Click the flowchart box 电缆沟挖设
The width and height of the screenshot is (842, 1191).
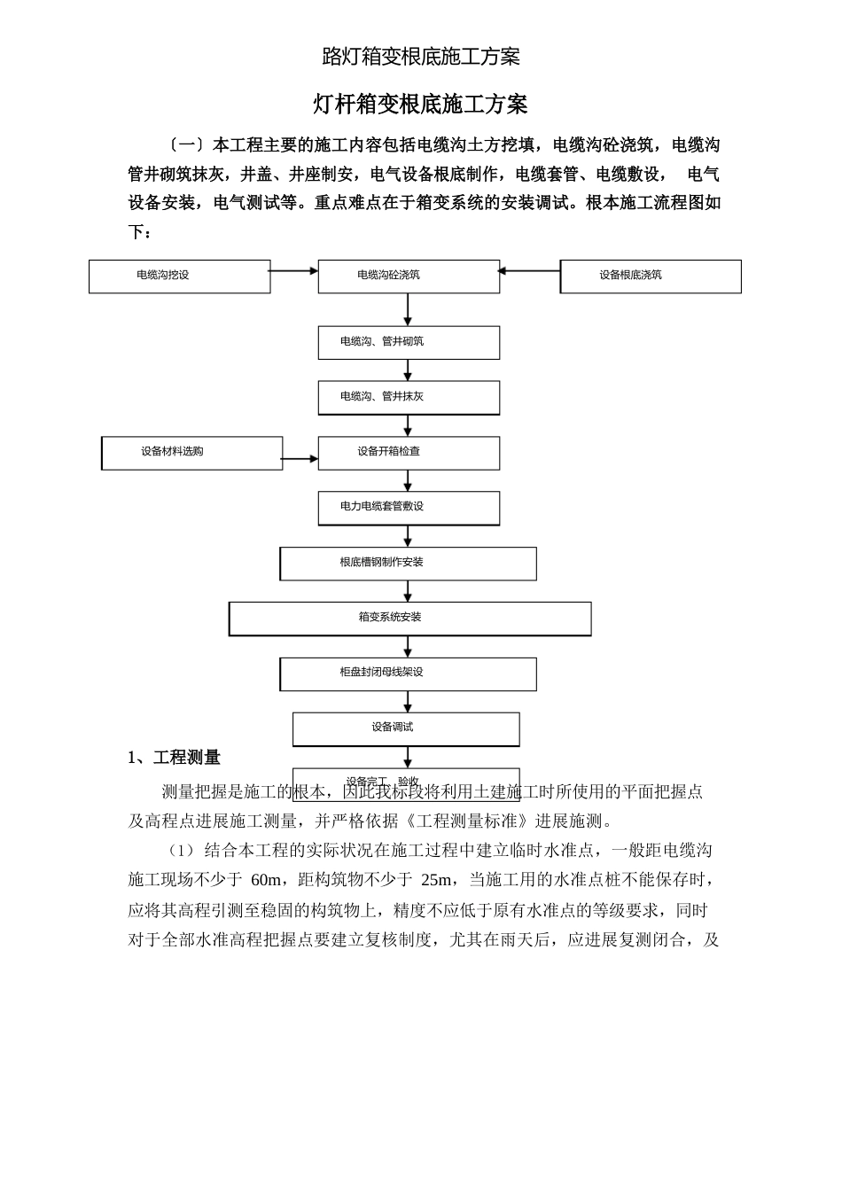tap(179, 276)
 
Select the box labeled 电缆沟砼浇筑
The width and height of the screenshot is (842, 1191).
tap(409, 276)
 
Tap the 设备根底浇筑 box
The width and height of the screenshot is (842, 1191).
tap(651, 276)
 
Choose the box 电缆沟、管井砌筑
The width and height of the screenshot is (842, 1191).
tap(409, 343)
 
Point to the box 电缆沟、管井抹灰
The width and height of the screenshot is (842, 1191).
tap(409, 398)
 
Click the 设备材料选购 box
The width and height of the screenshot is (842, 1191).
tap(192, 453)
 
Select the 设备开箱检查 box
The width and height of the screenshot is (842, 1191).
tap(409, 453)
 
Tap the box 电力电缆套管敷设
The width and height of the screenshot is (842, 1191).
tap(409, 508)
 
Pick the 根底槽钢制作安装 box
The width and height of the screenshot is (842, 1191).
tap(409, 564)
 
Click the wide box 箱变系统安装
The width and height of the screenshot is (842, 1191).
tap(409, 619)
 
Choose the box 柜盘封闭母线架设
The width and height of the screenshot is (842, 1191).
tap(409, 673)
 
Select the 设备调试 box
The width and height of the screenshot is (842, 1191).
tap(406, 728)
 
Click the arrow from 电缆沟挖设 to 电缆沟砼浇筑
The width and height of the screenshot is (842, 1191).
tap(293, 271)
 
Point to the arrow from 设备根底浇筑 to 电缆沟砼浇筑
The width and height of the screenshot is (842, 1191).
tap(529, 271)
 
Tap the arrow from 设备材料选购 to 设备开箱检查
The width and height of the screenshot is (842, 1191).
tap(300, 459)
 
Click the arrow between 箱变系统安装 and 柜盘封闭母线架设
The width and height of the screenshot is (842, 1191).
tap(408, 647)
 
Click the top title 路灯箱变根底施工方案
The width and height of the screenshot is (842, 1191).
tap(421, 58)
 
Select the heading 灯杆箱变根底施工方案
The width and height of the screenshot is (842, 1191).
tap(421, 105)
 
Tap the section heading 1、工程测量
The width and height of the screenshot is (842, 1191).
tap(174, 758)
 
